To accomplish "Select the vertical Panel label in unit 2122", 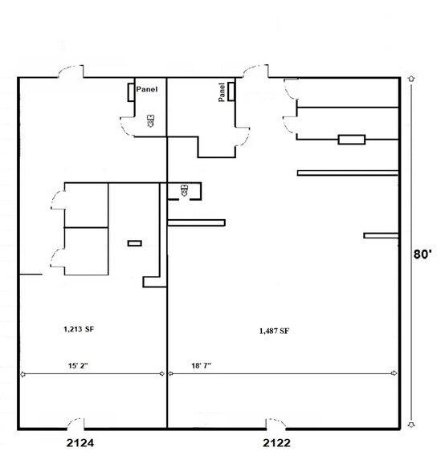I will click(x=221, y=94).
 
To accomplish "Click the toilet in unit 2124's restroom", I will click(x=149, y=122).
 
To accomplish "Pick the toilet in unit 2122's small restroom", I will click(x=185, y=190).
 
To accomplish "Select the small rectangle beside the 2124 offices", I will click(x=134, y=242).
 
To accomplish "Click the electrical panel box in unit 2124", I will click(x=130, y=92).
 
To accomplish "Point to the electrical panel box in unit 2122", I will click(x=231, y=92).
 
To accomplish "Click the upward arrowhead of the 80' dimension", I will click(x=411, y=80).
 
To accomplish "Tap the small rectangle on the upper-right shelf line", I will click(x=352, y=140).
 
